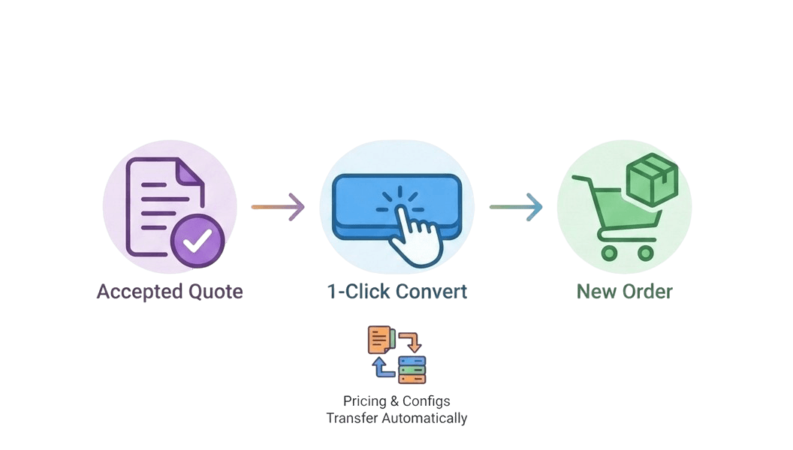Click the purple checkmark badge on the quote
pos(197,240)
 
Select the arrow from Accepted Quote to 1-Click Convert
pos(278,207)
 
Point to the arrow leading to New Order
pos(516,207)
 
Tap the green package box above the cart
pos(652,179)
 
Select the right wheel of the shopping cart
pos(645,253)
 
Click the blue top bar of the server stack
pos(412,361)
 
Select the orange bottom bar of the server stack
pos(412,379)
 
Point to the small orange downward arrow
pos(411,343)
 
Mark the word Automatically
pos(424,418)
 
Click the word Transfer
pos(352,418)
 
